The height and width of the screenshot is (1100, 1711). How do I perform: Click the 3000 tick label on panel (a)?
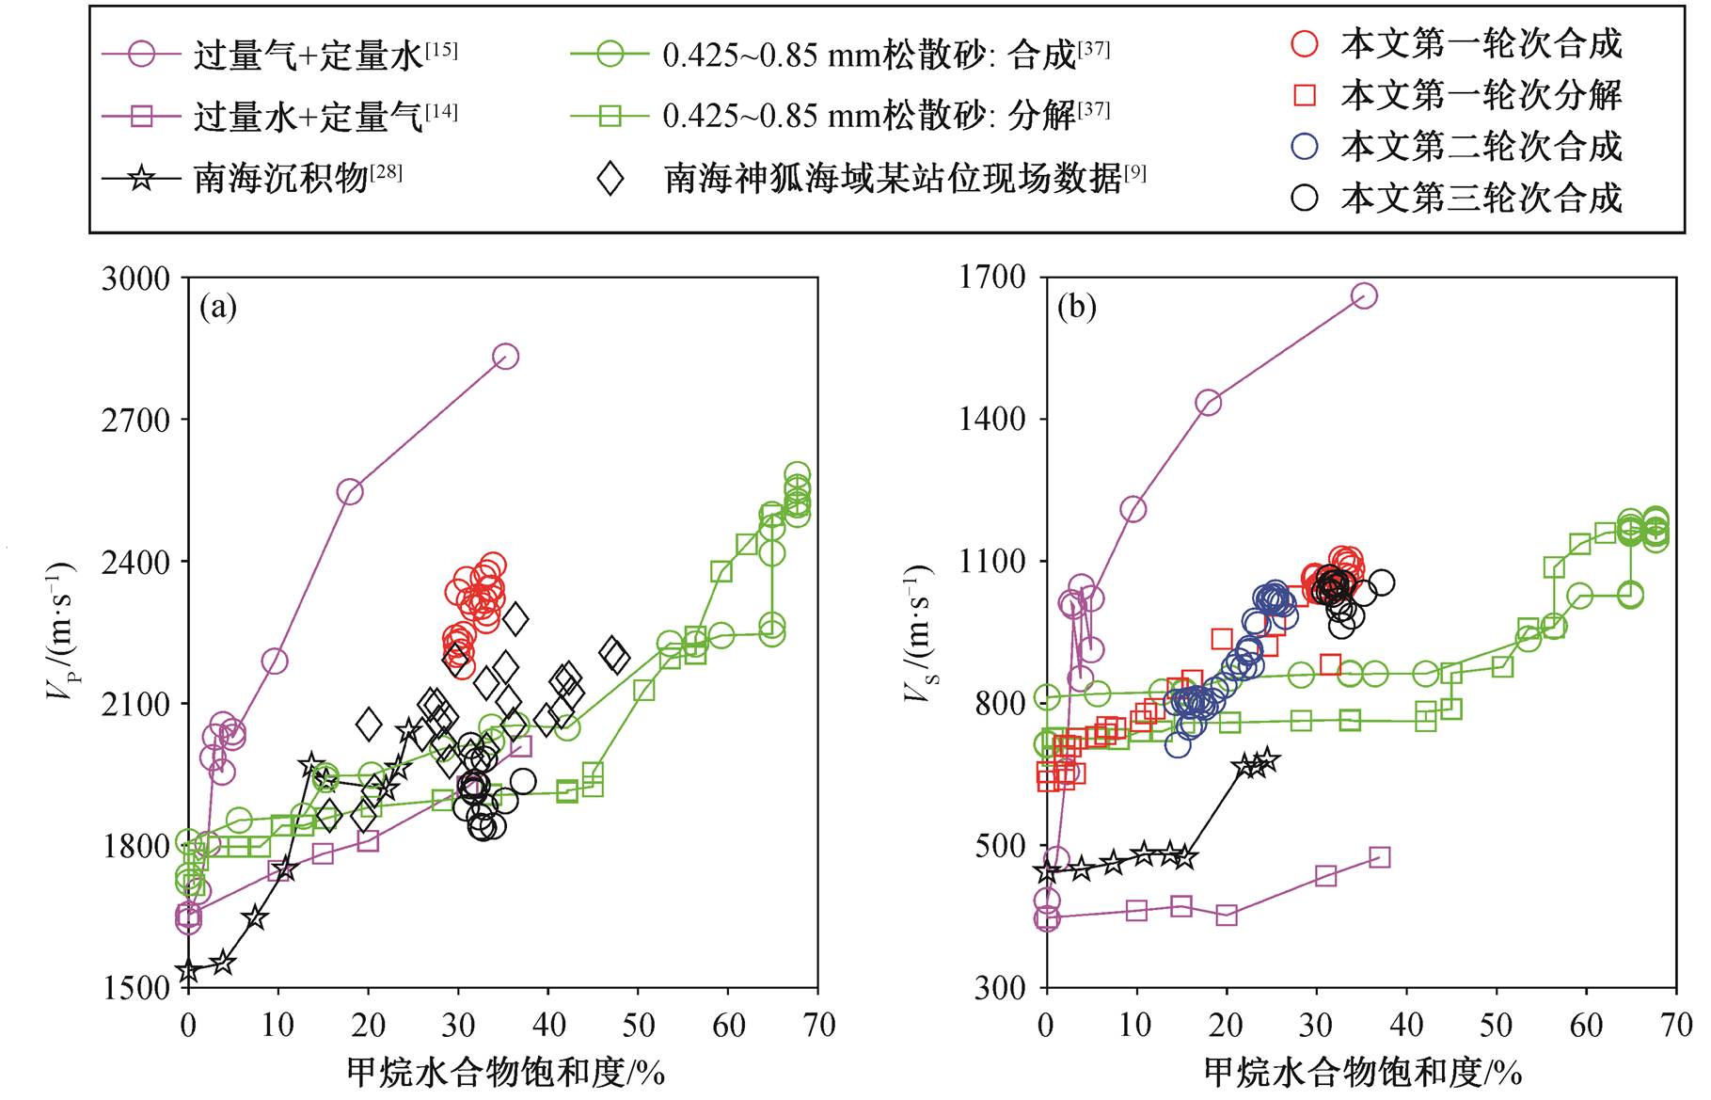pyautogui.click(x=136, y=279)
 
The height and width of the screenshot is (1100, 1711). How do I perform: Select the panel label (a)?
pyautogui.click(x=218, y=307)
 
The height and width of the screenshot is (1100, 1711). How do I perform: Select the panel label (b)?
pyautogui.click(x=1077, y=307)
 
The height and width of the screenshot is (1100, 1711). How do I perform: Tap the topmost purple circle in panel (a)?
pyautogui.click(x=505, y=357)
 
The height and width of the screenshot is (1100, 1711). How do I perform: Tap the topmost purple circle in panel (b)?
pyautogui.click(x=1364, y=295)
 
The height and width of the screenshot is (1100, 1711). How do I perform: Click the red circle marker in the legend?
pyautogui.click(x=1305, y=43)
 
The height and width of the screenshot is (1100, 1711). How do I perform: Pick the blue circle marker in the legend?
pyautogui.click(x=1305, y=146)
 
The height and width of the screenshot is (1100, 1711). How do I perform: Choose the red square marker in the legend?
pyautogui.click(x=1305, y=94)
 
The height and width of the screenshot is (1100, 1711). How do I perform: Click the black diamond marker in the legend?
pyautogui.click(x=610, y=177)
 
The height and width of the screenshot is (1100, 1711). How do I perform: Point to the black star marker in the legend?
pyautogui.click(x=141, y=177)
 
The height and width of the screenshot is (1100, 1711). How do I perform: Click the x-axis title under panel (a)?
pyautogui.click(x=506, y=1072)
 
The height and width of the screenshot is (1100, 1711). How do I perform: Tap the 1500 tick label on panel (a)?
pyautogui.click(x=136, y=988)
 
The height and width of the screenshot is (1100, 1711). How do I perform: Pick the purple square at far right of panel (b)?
pyautogui.click(x=1379, y=857)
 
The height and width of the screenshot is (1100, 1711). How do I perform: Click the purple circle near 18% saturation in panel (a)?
pyautogui.click(x=350, y=492)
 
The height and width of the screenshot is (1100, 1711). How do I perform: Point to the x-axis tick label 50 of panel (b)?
pyautogui.click(x=1496, y=1025)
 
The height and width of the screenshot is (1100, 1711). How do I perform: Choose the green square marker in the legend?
pyautogui.click(x=610, y=116)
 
